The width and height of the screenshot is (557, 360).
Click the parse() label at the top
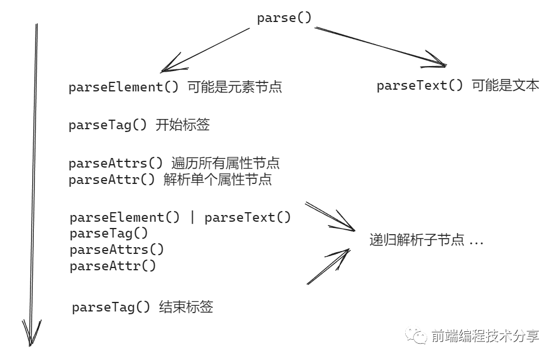284,18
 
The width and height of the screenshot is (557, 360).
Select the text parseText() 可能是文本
458,86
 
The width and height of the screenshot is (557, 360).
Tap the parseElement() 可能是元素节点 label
175,87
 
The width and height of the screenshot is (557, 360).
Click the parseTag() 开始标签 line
139,125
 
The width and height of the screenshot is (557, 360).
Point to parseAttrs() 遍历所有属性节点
174,164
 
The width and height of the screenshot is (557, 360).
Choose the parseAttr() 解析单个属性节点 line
170,180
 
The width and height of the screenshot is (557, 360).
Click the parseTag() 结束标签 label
142,308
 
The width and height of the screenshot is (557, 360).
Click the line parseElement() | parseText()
180,218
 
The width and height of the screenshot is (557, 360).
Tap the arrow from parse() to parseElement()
206,50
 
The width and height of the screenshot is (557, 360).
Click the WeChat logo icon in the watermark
419,336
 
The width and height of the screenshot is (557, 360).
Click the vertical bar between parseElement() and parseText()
192,218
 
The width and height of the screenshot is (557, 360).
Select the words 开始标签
182,125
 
